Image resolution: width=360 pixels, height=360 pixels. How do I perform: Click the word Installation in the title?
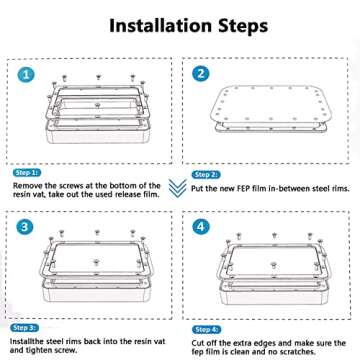[x=161, y=26]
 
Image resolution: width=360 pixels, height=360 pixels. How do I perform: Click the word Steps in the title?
[x=243, y=27]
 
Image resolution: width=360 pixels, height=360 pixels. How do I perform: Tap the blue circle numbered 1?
[x=26, y=74]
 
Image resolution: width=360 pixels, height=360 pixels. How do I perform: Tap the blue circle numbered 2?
[x=200, y=74]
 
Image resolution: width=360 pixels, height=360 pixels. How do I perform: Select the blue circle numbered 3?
[x=25, y=227]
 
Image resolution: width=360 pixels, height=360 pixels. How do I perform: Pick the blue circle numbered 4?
[x=200, y=227]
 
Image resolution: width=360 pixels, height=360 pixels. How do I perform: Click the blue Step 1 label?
[x=27, y=173]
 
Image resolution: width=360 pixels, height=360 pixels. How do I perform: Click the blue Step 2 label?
[x=206, y=175]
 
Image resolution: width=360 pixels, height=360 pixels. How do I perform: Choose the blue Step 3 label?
[x=24, y=328]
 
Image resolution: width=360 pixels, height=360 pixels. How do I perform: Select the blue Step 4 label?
[x=206, y=330]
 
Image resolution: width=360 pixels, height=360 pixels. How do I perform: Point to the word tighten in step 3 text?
[x=39, y=350]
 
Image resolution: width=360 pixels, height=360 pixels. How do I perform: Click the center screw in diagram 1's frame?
[x=97, y=105]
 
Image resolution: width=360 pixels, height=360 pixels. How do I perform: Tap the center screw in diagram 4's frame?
[x=273, y=265]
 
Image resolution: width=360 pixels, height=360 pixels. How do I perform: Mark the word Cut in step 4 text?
[x=198, y=343]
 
